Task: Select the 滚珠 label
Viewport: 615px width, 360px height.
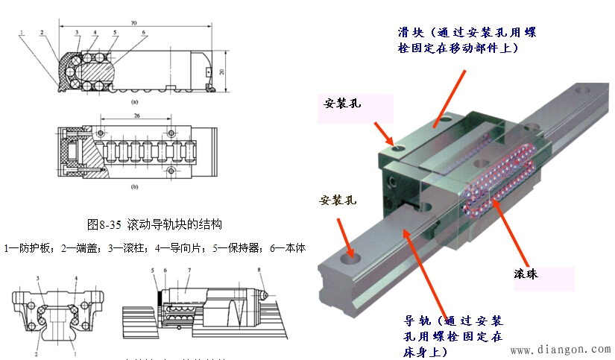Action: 526,274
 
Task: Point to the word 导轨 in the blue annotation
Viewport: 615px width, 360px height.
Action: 415,321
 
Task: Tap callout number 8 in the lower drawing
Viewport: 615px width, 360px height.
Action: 259,271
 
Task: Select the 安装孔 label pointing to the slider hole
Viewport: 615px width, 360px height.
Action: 342,103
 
